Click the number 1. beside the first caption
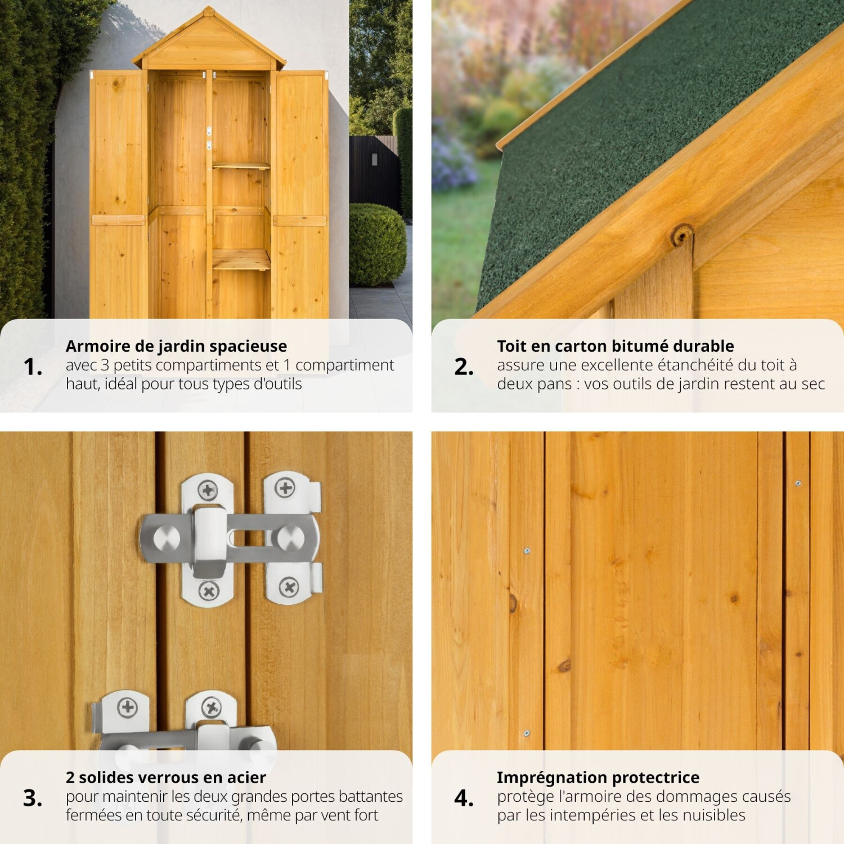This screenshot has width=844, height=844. coord(33,367)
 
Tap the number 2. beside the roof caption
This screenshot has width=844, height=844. coord(464,367)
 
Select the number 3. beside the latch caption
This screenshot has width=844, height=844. coord(33,798)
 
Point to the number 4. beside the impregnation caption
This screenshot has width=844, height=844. coord(464,798)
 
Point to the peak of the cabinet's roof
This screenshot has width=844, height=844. coord(209,8)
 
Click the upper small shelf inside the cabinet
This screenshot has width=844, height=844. coord(241,165)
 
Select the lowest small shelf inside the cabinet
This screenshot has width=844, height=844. coord(241,259)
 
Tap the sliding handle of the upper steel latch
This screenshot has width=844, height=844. coord(209,541)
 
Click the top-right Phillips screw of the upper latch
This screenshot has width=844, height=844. coord(285,488)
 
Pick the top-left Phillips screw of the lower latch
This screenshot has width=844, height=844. coord(128,707)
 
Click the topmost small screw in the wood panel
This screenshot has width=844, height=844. coord(798,483)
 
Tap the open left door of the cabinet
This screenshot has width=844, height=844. coord(118,194)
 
